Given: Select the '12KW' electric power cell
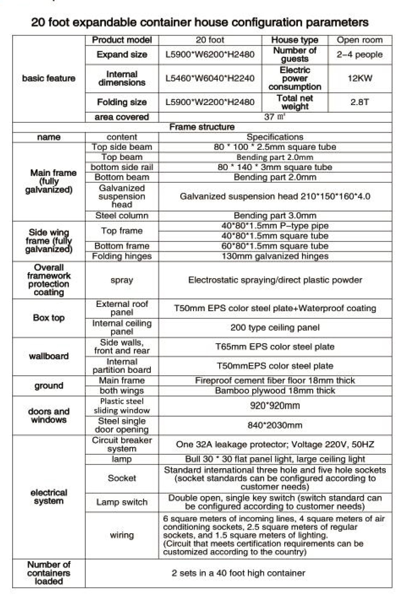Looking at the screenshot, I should (x=360, y=78).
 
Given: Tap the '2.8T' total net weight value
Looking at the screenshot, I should (x=360, y=102).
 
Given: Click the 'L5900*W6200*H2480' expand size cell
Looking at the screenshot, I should (x=210, y=55).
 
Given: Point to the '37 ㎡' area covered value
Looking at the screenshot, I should (x=275, y=117).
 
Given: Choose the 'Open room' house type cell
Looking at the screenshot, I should (x=360, y=40).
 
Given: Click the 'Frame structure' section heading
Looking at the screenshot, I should (x=202, y=127).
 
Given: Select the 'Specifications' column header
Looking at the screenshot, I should (x=275, y=137).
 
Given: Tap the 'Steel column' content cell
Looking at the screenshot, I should (x=122, y=216).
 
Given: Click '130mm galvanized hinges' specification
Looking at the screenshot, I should (x=275, y=256).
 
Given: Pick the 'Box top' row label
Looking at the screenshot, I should (x=49, y=318).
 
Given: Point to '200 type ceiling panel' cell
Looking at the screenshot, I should (x=275, y=328).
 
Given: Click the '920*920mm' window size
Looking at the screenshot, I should (x=275, y=405).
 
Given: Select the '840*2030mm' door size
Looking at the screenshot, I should (x=275, y=425).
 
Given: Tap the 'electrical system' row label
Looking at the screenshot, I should (x=49, y=497).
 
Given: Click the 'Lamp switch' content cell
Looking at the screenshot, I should (x=122, y=502).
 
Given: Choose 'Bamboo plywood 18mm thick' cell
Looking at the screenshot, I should (x=275, y=391).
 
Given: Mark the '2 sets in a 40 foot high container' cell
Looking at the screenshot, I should (x=238, y=573).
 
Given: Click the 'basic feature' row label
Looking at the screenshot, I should (x=49, y=78).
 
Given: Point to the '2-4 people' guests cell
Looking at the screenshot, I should (x=360, y=55).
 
